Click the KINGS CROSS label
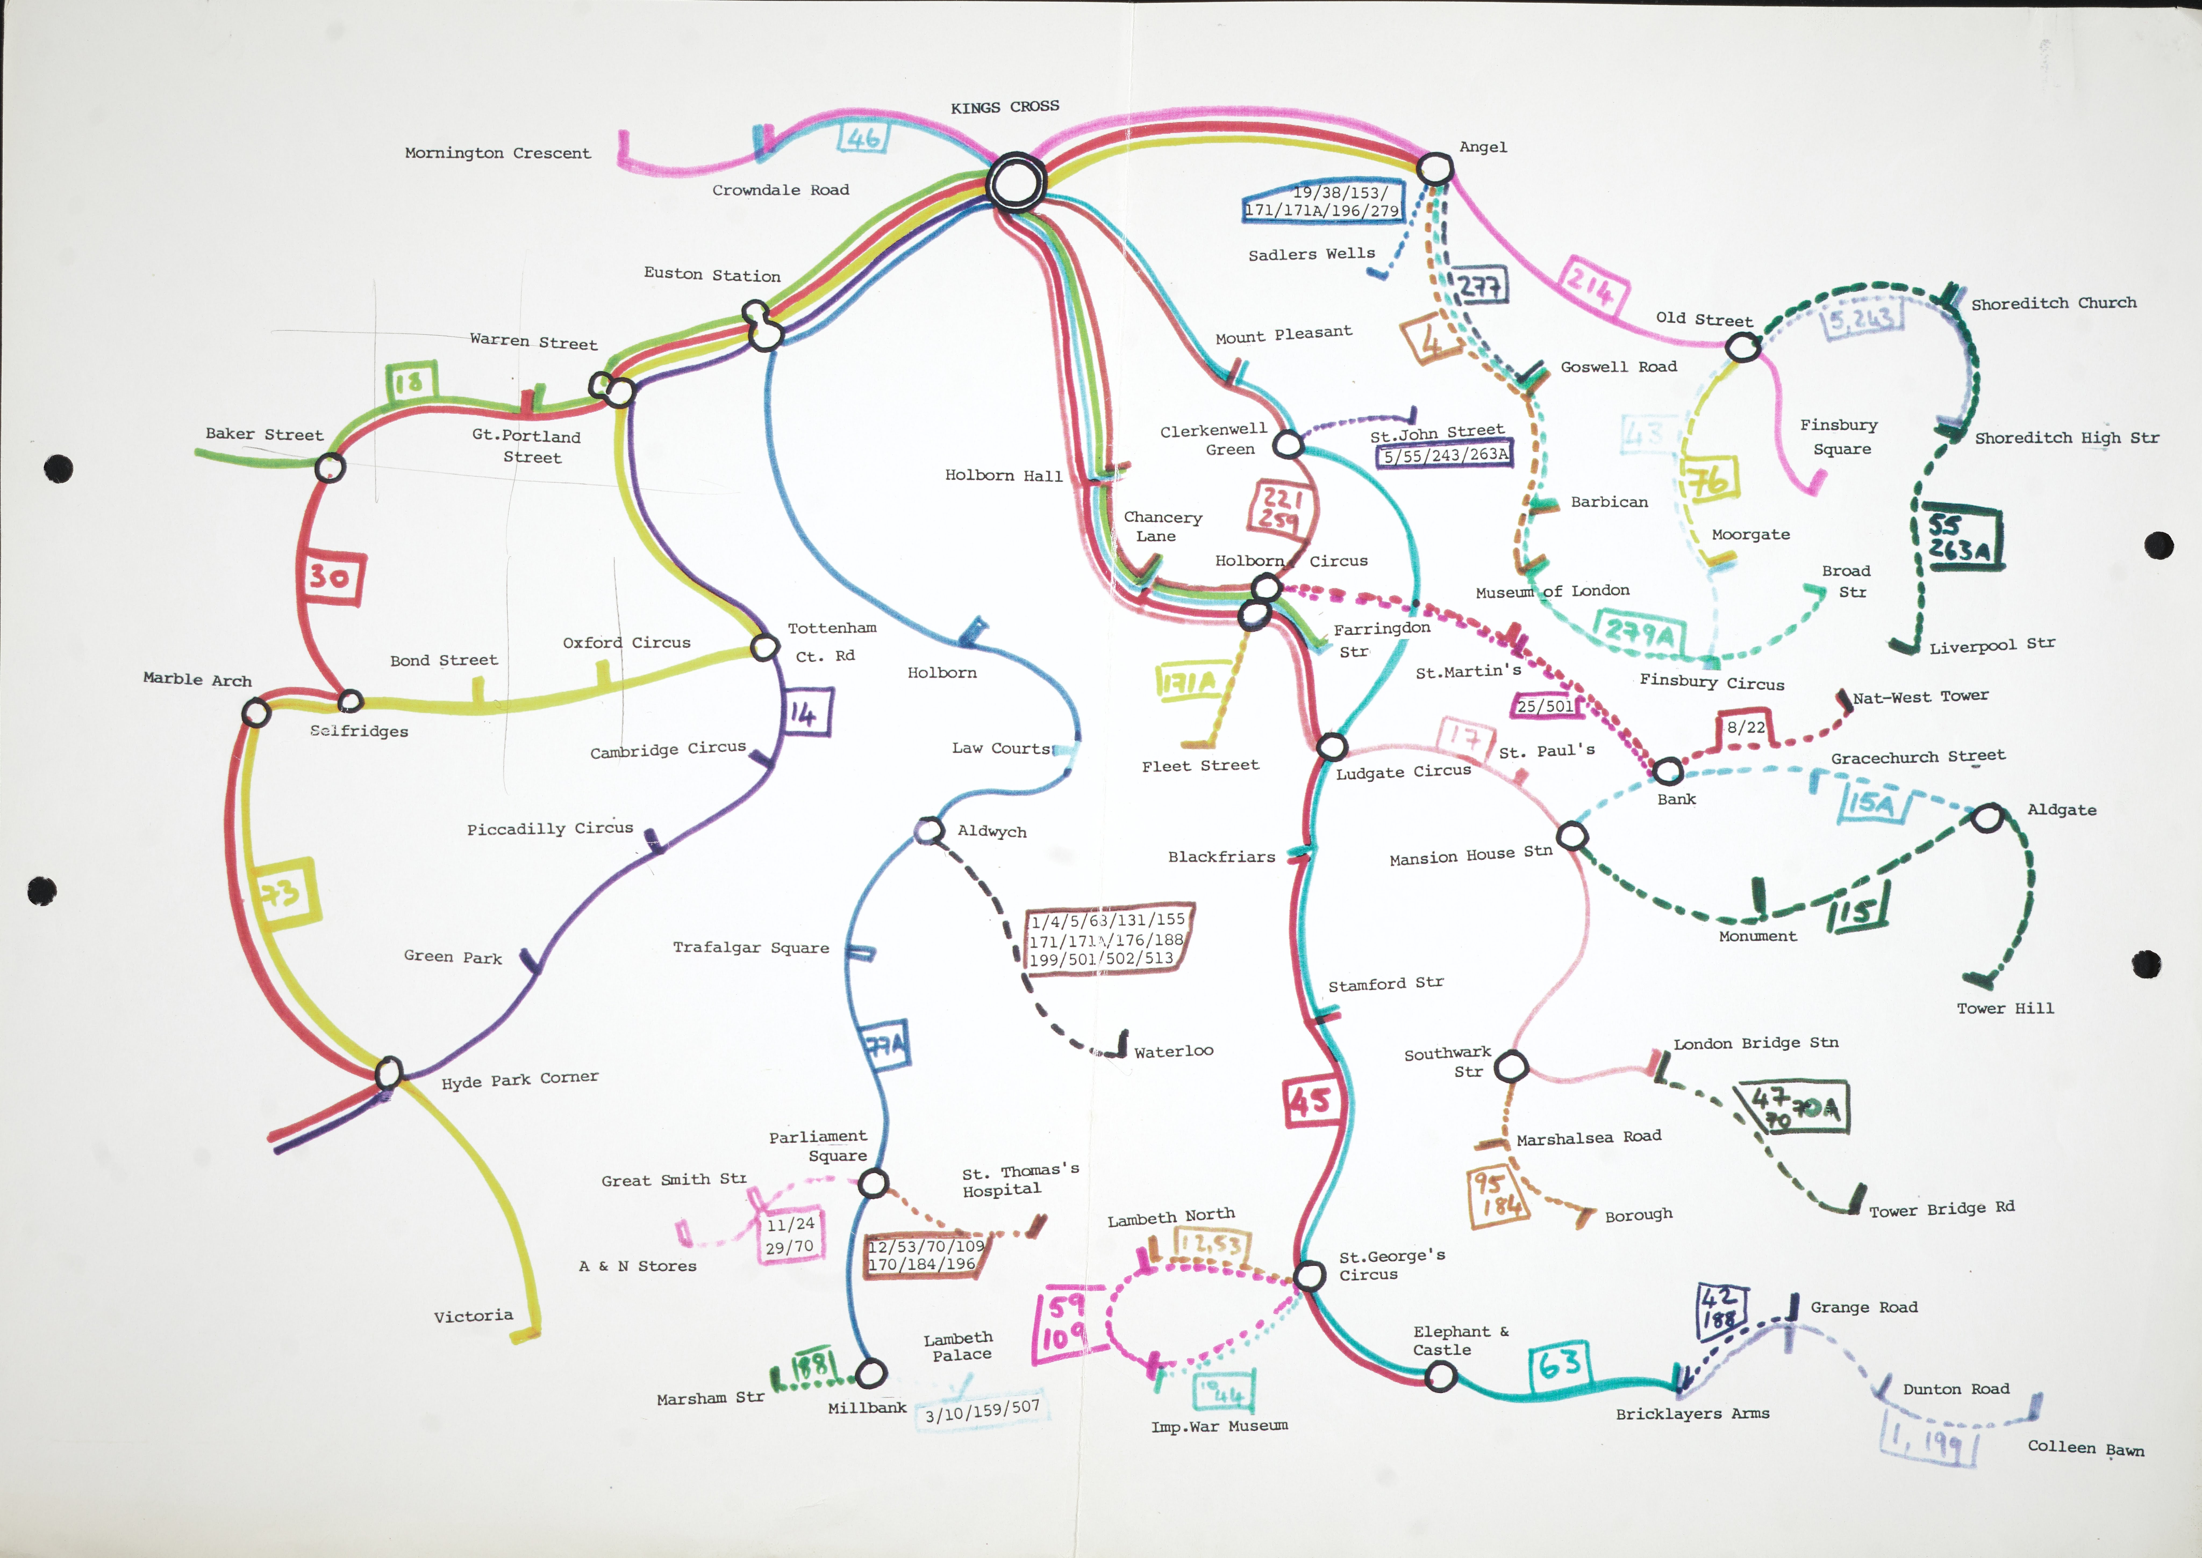[1005, 106]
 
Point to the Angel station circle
[1434, 169]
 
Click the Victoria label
[473, 1315]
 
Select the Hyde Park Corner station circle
[389, 1072]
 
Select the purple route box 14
[804, 713]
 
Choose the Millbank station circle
[870, 1373]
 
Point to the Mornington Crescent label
[497, 153]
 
